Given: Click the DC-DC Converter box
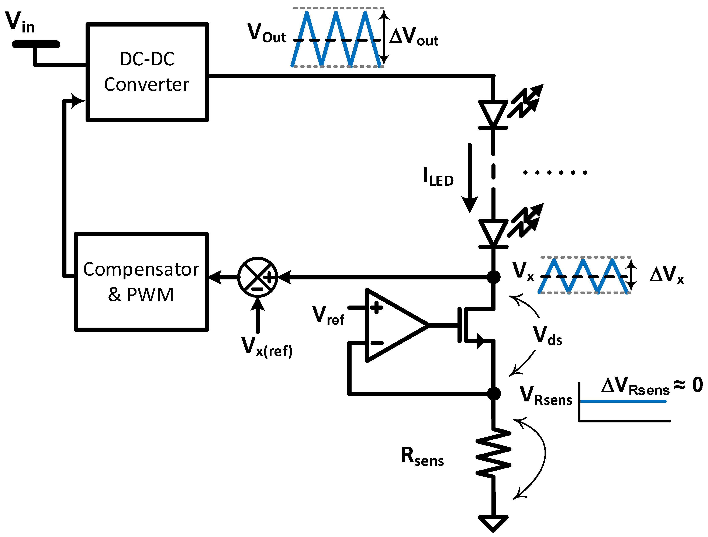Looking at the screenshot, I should (147, 72).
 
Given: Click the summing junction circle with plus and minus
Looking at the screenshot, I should (258, 277).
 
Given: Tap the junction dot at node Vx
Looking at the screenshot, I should (494, 277).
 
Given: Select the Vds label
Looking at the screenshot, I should (547, 336).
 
